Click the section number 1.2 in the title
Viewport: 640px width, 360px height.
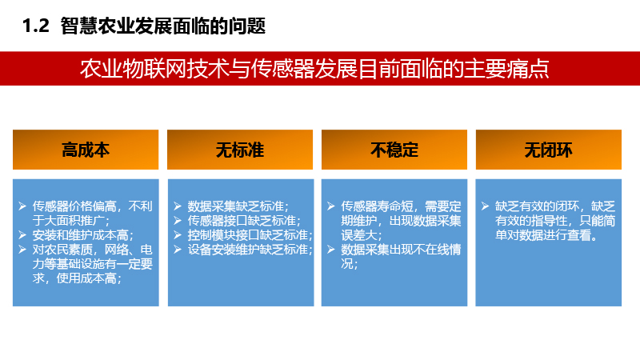36,26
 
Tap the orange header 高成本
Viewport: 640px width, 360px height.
86,150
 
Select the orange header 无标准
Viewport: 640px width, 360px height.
240,150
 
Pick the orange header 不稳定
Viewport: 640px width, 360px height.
394,150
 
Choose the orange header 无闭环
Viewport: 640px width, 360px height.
549,150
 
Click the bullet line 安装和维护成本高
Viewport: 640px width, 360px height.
83,235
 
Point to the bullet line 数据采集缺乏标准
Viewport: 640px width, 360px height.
238,206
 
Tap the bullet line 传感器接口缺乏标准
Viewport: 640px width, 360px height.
244,221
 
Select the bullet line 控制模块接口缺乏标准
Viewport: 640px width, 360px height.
250,235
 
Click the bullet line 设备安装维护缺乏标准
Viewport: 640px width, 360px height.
250,250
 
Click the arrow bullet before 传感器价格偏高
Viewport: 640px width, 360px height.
22,206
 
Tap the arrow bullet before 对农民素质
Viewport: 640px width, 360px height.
22,250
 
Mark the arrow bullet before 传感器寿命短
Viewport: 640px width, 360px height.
331,206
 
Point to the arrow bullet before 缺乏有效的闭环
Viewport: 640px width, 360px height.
485,206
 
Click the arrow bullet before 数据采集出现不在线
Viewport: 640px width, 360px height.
331,250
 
